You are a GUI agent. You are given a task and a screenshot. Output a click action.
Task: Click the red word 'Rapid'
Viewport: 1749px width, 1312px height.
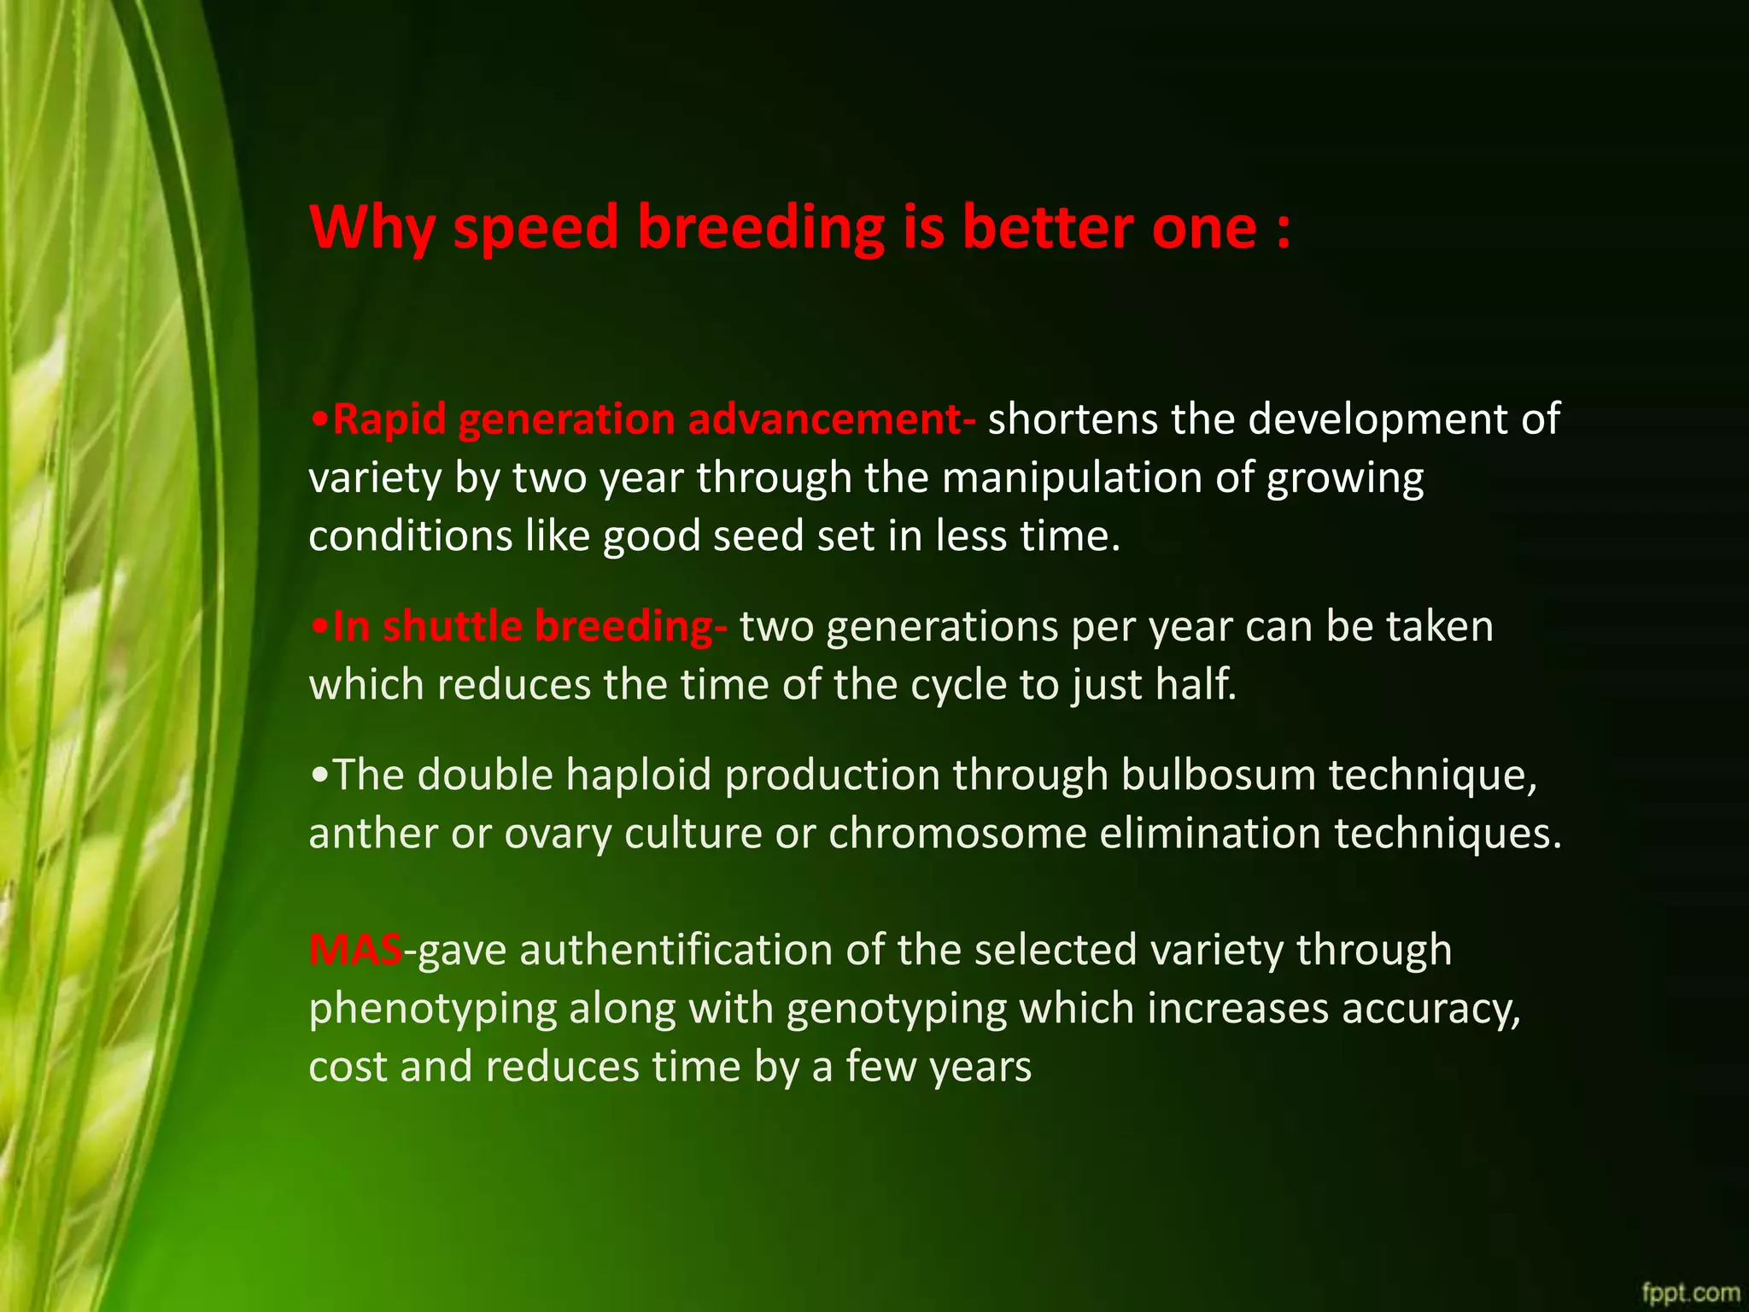(389, 420)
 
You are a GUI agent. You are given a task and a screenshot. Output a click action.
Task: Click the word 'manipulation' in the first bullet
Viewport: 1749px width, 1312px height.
(1072, 478)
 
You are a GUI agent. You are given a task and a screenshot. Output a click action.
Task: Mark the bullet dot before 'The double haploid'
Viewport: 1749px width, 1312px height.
(319, 776)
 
